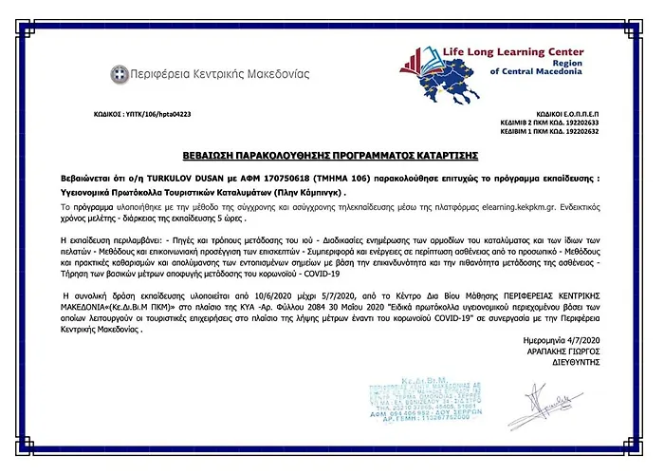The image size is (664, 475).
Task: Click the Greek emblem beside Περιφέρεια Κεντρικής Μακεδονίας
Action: point(120,73)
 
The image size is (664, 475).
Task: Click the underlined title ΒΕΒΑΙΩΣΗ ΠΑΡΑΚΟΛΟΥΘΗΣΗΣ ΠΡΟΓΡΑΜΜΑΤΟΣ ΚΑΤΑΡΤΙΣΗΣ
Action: point(331,154)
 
